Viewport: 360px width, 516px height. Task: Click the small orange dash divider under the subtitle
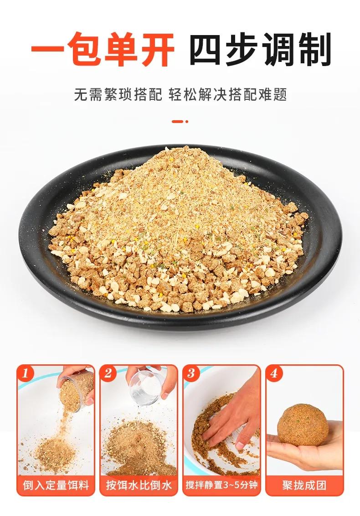tap(180, 122)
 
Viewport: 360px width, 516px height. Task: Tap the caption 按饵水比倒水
tap(139, 485)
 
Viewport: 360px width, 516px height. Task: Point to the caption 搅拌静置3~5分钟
tap(221, 485)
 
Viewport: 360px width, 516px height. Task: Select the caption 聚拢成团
tap(304, 485)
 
